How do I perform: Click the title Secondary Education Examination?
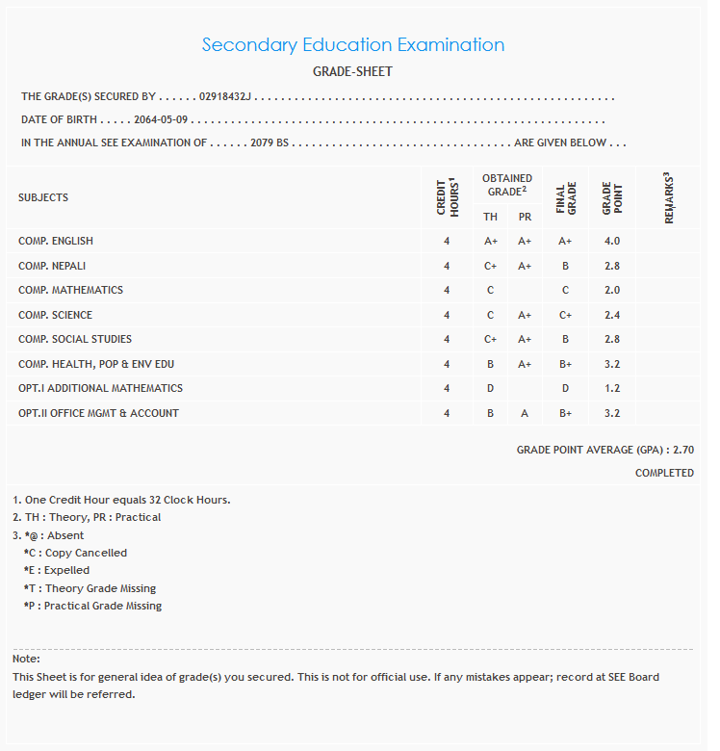(x=352, y=45)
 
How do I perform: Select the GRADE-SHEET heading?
(x=352, y=72)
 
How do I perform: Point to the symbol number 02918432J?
(x=225, y=97)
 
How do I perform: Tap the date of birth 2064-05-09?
(x=162, y=120)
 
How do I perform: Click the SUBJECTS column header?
(x=43, y=197)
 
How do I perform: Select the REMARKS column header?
(x=668, y=198)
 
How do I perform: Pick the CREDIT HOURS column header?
(x=447, y=198)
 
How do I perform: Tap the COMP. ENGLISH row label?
(x=56, y=241)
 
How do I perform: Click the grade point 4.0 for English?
(x=612, y=241)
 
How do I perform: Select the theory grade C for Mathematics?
(x=490, y=290)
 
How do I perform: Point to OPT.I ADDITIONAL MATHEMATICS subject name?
(x=100, y=388)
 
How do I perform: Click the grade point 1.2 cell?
(x=612, y=388)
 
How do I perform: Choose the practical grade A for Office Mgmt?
(x=525, y=413)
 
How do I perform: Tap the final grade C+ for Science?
(x=565, y=315)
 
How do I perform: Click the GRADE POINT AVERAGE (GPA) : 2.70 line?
(x=604, y=450)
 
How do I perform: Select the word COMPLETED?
(x=664, y=473)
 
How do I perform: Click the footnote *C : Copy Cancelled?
(x=75, y=553)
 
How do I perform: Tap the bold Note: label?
(x=26, y=659)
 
